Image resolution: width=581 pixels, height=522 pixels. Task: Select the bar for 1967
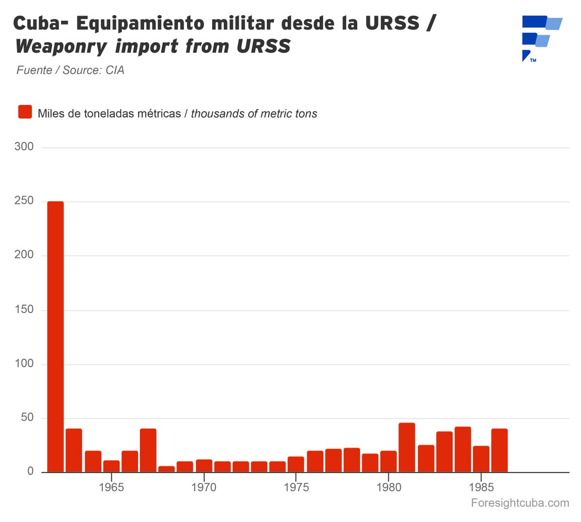148,450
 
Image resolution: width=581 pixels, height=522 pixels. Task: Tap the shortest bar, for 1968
167,469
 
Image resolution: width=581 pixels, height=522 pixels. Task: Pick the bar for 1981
407,448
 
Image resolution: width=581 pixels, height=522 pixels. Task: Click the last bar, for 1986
499,450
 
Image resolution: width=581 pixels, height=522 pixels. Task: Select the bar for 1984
462,449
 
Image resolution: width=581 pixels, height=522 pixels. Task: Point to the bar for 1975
296,464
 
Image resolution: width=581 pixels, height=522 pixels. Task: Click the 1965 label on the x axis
111,487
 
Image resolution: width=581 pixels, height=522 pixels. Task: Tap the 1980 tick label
389,487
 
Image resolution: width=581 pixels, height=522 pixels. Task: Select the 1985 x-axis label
481,487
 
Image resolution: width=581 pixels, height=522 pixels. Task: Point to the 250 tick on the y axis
24,201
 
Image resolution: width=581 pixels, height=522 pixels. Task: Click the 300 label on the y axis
24,146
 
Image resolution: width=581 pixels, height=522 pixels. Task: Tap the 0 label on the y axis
31,471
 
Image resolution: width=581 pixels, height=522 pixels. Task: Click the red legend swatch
25,112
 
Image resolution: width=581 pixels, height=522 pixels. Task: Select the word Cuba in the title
41,24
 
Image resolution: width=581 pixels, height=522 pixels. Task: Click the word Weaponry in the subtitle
61,46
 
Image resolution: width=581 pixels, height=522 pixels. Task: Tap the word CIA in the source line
115,70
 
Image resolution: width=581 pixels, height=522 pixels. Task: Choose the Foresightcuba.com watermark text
520,503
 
